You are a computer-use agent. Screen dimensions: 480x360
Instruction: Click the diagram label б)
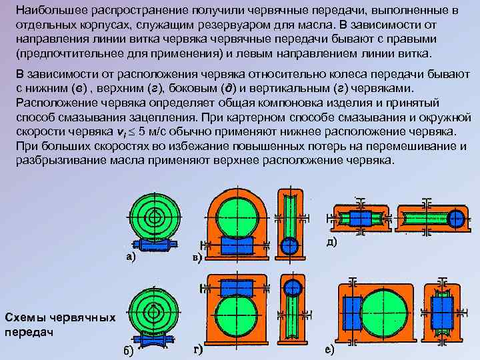pos(127,352)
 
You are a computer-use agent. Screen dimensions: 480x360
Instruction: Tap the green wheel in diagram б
pos(153,313)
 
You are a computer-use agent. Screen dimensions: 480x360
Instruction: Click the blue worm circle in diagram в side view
pos(289,245)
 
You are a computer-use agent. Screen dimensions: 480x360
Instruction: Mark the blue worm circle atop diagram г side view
pos(292,287)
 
